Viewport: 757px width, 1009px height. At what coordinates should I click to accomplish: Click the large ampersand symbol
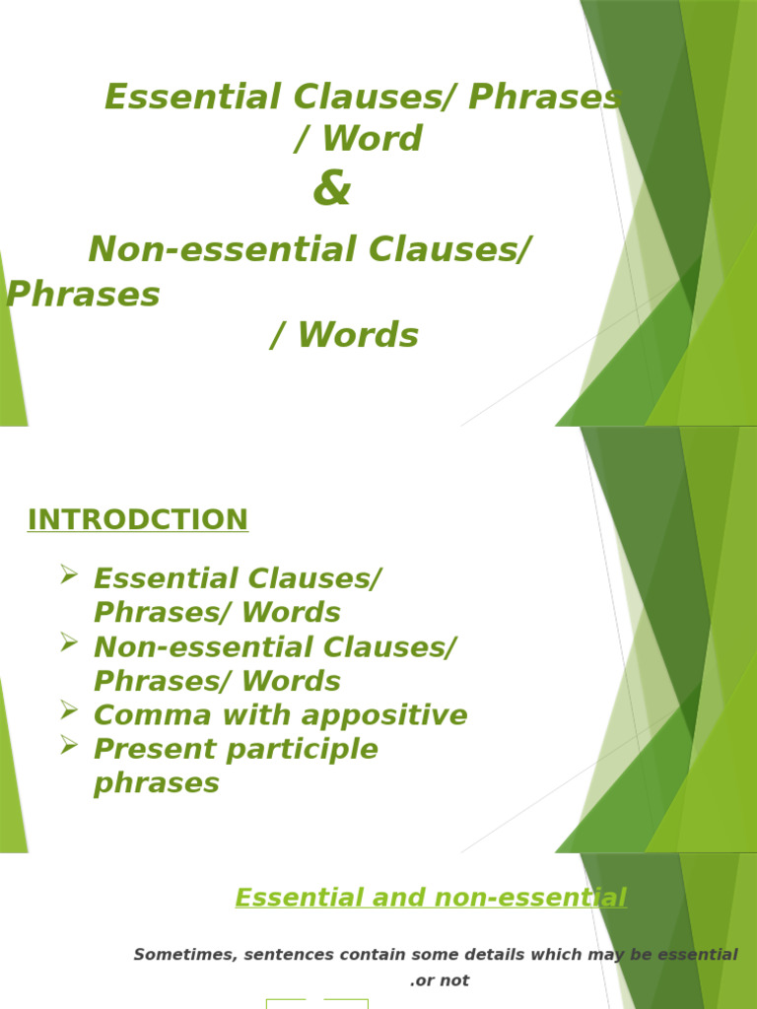click(331, 189)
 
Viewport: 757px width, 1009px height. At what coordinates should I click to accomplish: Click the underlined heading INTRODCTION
click(138, 519)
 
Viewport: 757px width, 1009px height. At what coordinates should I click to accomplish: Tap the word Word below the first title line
click(373, 139)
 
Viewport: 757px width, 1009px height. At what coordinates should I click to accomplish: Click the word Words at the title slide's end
click(358, 336)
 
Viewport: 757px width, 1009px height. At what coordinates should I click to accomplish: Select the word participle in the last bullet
click(307, 749)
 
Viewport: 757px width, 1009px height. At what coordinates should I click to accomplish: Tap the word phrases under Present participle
click(156, 783)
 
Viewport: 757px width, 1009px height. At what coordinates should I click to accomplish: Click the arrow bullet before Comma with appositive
click(69, 709)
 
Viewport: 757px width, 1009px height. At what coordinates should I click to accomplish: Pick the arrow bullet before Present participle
click(69, 744)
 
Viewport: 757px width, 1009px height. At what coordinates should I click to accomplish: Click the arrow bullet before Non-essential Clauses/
click(69, 641)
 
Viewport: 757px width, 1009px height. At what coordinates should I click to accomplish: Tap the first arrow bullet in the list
click(69, 573)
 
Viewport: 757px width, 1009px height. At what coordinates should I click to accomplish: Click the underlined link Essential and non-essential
click(431, 898)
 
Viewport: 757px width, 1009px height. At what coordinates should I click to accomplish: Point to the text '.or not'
click(440, 980)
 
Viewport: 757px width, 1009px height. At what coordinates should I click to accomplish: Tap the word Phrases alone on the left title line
click(83, 294)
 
